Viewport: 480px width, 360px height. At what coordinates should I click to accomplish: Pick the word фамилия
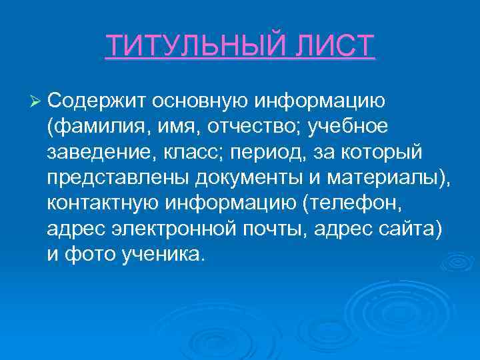[x=94, y=127]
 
